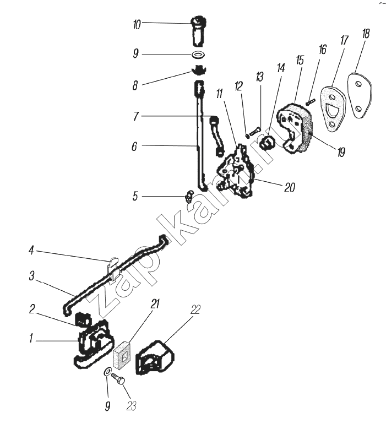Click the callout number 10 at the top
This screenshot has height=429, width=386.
click(x=137, y=25)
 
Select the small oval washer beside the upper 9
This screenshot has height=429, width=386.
click(x=198, y=55)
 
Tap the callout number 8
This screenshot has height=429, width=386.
click(x=135, y=86)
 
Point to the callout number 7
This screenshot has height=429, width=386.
click(x=135, y=117)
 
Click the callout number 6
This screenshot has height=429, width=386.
click(x=134, y=146)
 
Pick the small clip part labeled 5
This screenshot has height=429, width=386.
click(x=189, y=197)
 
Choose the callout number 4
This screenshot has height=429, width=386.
click(x=31, y=251)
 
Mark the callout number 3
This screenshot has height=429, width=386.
click(x=32, y=276)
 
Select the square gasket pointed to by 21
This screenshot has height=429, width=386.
click(x=122, y=354)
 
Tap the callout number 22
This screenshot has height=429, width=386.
click(x=195, y=309)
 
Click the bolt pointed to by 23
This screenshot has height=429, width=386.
click(x=118, y=380)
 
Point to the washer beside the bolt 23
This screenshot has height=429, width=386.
click(x=107, y=372)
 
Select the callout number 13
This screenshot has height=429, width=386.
click(x=259, y=77)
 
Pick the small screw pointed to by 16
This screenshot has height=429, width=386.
click(x=311, y=102)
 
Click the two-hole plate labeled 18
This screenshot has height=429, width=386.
click(x=359, y=95)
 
